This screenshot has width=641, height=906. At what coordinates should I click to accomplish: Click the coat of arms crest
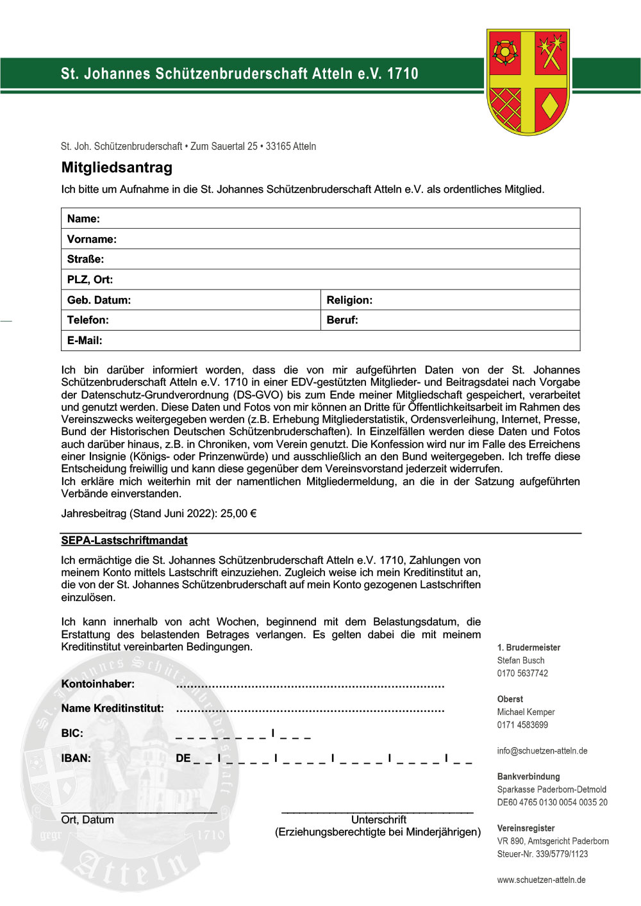pyautogui.click(x=528, y=81)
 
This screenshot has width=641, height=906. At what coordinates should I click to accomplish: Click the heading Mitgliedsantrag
pyautogui.click(x=117, y=168)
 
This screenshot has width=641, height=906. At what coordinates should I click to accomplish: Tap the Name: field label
pyautogui.click(x=83, y=218)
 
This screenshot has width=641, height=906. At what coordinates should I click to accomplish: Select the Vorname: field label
pyautogui.click(x=92, y=239)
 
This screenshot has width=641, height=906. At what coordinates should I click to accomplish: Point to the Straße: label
pyautogui.click(x=85, y=259)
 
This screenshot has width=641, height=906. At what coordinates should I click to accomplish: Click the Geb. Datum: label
pyautogui.click(x=99, y=300)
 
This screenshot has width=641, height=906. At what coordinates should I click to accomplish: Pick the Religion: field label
pyautogui.click(x=349, y=300)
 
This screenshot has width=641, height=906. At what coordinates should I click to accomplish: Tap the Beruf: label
pyautogui.click(x=342, y=320)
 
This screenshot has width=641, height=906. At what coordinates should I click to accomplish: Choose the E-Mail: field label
pyautogui.click(x=85, y=341)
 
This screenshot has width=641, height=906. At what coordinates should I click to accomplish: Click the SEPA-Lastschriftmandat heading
pyautogui.click(x=124, y=541)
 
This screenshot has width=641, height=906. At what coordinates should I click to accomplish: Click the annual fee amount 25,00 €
pyautogui.click(x=238, y=514)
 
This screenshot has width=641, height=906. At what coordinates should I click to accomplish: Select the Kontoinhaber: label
pyautogui.click(x=98, y=684)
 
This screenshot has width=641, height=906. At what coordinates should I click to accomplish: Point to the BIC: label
pyautogui.click(x=72, y=734)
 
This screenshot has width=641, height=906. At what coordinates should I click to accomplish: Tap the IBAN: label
pyautogui.click(x=76, y=759)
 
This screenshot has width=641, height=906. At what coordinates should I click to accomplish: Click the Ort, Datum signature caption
pyautogui.click(x=87, y=820)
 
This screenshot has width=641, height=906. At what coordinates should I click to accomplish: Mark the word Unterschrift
pyautogui.click(x=378, y=820)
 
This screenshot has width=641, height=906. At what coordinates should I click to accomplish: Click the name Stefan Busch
pyautogui.click(x=520, y=661)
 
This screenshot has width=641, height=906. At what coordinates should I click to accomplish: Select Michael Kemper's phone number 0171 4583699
pyautogui.click(x=522, y=725)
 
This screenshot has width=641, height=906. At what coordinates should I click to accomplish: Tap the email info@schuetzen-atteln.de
pyautogui.click(x=542, y=751)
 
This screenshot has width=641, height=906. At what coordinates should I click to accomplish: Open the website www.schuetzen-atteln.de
pyautogui.click(x=541, y=880)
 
